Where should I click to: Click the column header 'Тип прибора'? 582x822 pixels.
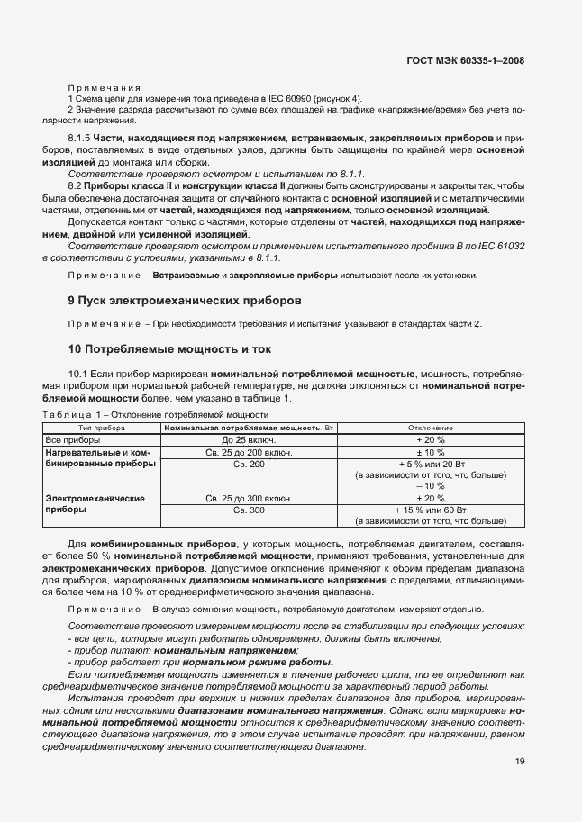pyautogui.click(x=102, y=427)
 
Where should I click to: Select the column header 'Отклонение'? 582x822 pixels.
pyautogui.click(x=430, y=427)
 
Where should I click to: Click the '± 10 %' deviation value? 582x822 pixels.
pyautogui.click(x=430, y=451)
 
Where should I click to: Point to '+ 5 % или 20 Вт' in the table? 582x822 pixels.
pyautogui.click(x=430, y=463)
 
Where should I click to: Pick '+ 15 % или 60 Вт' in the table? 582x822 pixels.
pyautogui.click(x=430, y=510)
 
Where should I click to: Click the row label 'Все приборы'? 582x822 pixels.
pyautogui.click(x=73, y=439)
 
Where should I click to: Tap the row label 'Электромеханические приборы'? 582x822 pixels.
pyautogui.click(x=95, y=503)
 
